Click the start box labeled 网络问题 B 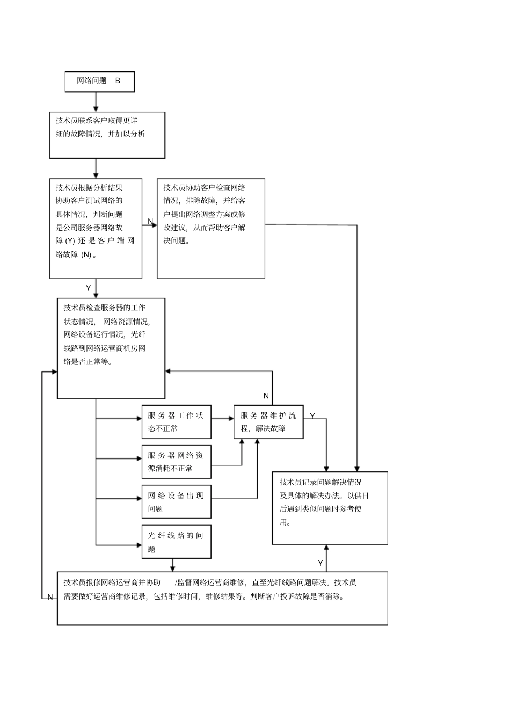point(99,82)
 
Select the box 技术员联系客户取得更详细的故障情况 point(107,135)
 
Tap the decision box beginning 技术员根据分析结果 point(96,228)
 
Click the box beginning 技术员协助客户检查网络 point(210,228)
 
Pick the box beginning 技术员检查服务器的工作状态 point(111,348)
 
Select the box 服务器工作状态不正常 point(176,422)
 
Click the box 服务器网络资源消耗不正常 point(176,462)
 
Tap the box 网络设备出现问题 point(176,502)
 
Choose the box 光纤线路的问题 point(176,542)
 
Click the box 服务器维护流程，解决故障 point(268,422)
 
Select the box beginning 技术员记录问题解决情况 point(330,508)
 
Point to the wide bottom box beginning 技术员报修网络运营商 point(222,598)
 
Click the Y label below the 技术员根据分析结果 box point(89,288)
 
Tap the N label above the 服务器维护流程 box point(266,396)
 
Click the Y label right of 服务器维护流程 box point(312,416)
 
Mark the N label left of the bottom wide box point(50,597)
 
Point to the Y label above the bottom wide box point(320,563)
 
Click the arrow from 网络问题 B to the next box point(96,101)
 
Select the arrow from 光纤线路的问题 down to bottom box point(172,565)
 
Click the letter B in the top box point(118,81)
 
